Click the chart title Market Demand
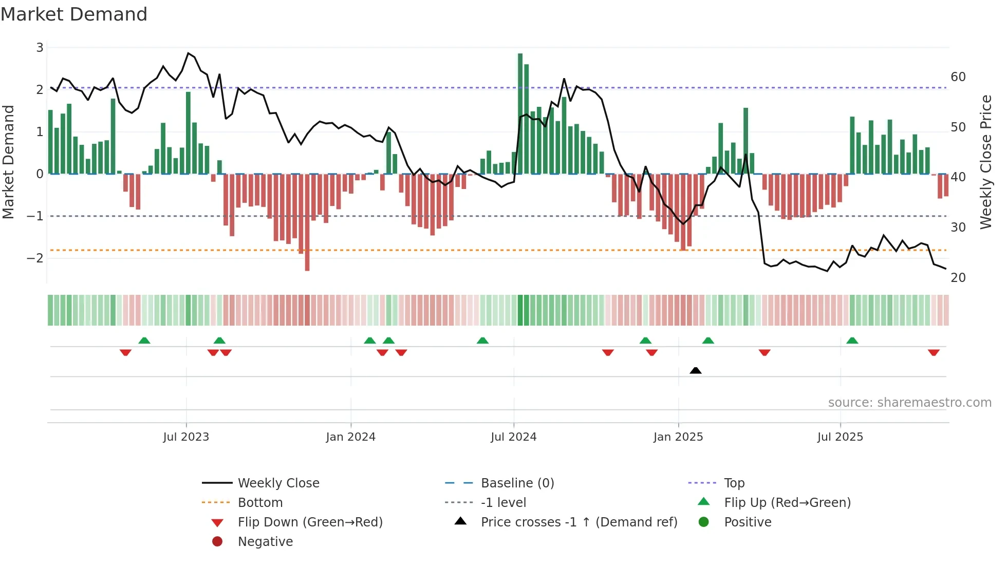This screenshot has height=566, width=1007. pyautogui.click(x=74, y=14)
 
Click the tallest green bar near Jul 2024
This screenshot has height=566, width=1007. pyautogui.click(x=520, y=113)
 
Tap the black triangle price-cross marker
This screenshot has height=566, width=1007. pyautogui.click(x=696, y=370)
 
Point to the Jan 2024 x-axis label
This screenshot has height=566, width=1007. pyautogui.click(x=350, y=437)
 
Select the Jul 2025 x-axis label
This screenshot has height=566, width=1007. pyautogui.click(x=840, y=437)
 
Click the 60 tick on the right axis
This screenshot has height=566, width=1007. pyautogui.click(x=958, y=77)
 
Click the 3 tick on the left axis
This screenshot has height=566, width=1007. pyautogui.click(x=40, y=48)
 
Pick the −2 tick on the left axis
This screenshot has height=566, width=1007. pyautogui.click(x=35, y=258)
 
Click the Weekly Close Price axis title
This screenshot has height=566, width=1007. pyautogui.click(x=985, y=162)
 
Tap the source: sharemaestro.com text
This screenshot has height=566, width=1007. pyautogui.click(x=909, y=403)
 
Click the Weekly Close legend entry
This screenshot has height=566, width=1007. pyautogui.click(x=278, y=483)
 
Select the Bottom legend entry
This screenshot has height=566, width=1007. pyautogui.click(x=260, y=503)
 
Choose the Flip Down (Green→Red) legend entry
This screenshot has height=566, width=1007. pyautogui.click(x=310, y=522)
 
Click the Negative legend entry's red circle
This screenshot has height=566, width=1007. pyautogui.click(x=217, y=542)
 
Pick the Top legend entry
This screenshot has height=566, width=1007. pyautogui.click(x=734, y=483)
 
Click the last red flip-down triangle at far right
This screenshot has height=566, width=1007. pyautogui.click(x=934, y=352)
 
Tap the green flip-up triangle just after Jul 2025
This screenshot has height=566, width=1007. pyautogui.click(x=852, y=341)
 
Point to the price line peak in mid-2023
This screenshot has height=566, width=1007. pyautogui.click(x=189, y=53)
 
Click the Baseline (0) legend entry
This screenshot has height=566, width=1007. pyautogui.click(x=517, y=483)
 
